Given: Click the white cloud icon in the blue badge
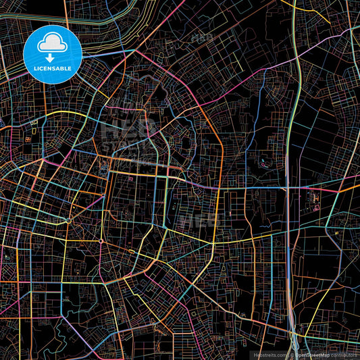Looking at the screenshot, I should pyautogui.click(x=53, y=44).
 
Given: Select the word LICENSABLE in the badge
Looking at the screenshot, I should pyautogui.click(x=53, y=69).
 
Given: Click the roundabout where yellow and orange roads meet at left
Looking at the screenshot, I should pyautogui.click(x=69, y=220).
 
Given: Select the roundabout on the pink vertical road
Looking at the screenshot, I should pyautogui.click(x=101, y=241).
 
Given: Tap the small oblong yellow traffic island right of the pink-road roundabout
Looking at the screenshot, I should pyautogui.click(x=132, y=253).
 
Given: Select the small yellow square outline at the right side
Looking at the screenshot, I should pyautogui.click(x=336, y=234).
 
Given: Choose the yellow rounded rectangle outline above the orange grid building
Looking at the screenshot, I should pyautogui.click(x=32, y=123).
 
